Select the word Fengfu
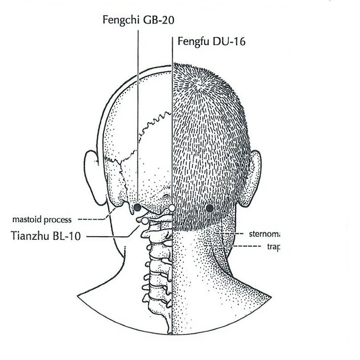tap(192, 41)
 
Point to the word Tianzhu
tap(31, 236)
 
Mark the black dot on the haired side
tap(210, 208)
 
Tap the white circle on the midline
tap(172, 208)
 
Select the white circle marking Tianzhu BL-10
tap(145, 220)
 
